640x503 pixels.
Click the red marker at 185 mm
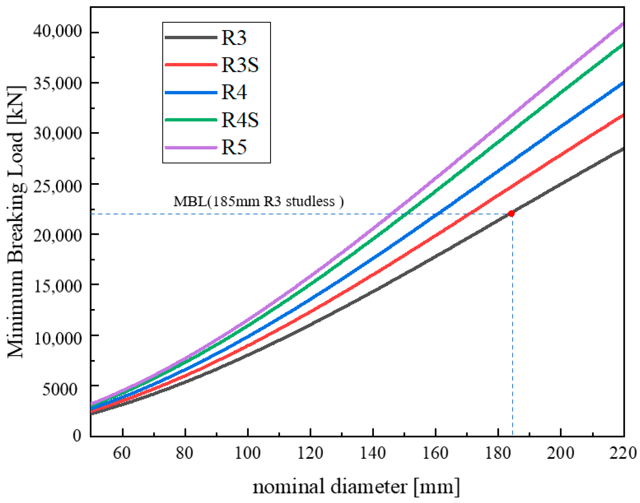(511, 213)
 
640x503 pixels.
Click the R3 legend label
(234, 38)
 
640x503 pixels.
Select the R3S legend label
(240, 65)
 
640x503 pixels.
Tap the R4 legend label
(234, 92)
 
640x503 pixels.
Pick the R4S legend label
(240, 120)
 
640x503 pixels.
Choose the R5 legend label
(234, 147)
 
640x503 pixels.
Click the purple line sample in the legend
(191, 147)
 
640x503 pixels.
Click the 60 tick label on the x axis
(122, 453)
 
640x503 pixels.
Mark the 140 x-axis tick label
(373, 453)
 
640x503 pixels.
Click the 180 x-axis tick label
(498, 453)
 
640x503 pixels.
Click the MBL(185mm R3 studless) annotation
(258, 202)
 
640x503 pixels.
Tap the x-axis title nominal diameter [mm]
(356, 486)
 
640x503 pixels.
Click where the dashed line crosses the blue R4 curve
(438, 214)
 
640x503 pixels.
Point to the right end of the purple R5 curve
(623, 24)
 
